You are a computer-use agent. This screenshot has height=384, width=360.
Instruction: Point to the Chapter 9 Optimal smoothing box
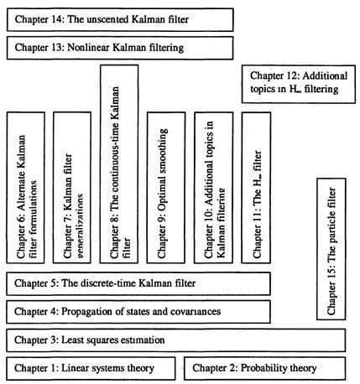pyautogui.click(x=166, y=186)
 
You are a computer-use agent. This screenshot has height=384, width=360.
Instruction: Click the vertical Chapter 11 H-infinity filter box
pyautogui.click(x=255, y=186)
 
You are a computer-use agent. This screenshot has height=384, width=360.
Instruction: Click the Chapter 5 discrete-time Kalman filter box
pyautogui.click(x=139, y=283)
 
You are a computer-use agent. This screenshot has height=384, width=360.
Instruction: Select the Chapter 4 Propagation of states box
pyautogui.click(x=139, y=312)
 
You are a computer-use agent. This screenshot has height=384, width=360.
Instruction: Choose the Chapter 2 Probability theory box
pyautogui.click(x=264, y=368)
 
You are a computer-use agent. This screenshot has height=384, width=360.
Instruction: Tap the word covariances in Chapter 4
pyautogui.click(x=190, y=312)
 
